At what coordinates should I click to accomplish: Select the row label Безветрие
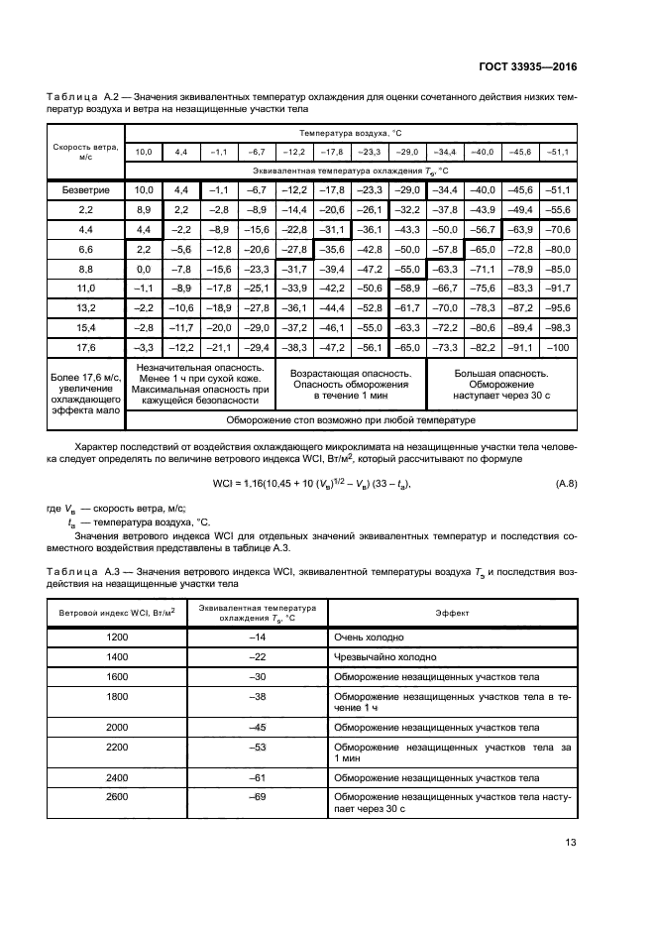pyautogui.click(x=85, y=189)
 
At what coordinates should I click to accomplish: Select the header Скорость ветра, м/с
pyautogui.click(x=85, y=150)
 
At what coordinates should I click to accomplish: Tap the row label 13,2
pyautogui.click(x=85, y=307)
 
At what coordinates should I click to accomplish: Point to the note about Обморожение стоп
pyautogui.click(x=351, y=420)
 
